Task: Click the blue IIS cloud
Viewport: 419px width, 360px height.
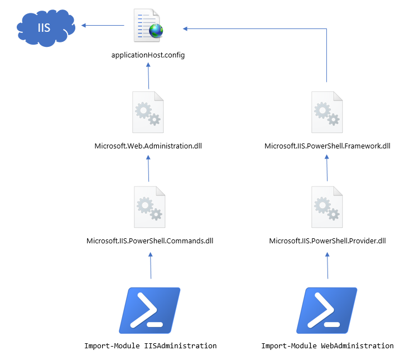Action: point(44,26)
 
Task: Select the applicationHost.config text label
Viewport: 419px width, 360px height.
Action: point(148,55)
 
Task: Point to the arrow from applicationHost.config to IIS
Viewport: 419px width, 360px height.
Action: point(103,25)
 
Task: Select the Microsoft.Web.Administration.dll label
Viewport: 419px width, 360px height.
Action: point(148,146)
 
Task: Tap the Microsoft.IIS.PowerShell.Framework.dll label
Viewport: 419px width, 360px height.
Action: point(327,146)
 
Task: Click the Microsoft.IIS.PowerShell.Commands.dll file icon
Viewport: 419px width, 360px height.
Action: point(150,208)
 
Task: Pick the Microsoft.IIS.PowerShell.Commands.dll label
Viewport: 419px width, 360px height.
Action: point(150,241)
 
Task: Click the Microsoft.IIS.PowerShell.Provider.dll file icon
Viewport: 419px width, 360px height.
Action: point(327,208)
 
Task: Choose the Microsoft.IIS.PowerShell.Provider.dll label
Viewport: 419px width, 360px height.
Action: point(327,241)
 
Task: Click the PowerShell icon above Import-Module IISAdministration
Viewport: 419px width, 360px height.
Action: point(150,310)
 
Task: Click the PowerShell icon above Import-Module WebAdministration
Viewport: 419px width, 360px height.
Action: point(327,310)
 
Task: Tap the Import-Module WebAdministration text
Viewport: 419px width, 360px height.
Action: point(327,345)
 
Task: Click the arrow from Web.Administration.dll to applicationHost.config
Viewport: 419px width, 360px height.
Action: point(148,75)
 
